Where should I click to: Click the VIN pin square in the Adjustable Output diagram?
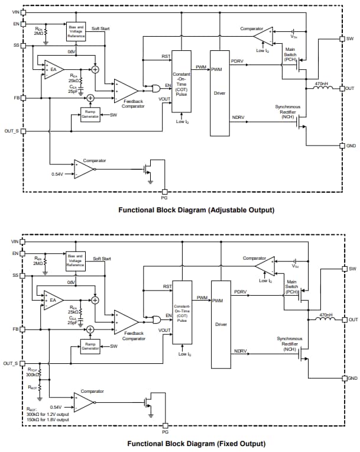(x=23, y=12)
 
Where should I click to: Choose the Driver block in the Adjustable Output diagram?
(x=219, y=93)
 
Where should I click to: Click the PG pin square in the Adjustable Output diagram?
(x=165, y=192)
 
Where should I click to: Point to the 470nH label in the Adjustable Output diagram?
(x=322, y=83)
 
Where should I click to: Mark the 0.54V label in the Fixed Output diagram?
(x=56, y=406)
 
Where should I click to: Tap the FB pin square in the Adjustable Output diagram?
(x=23, y=98)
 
